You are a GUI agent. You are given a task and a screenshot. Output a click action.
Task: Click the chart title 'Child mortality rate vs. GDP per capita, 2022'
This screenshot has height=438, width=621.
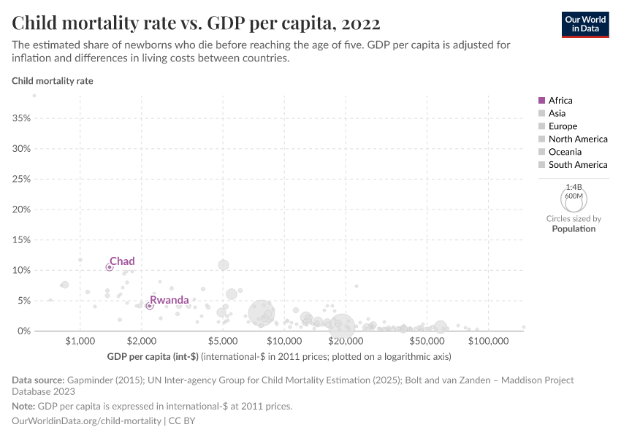[196, 23]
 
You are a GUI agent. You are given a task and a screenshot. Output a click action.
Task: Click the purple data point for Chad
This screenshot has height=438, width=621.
[110, 267]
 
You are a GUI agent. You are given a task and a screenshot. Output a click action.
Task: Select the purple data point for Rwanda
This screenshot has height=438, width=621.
[149, 306]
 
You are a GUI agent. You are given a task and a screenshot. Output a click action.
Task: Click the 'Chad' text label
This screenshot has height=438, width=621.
[122, 261]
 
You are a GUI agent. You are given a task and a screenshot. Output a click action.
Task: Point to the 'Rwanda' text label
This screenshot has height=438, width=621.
[169, 300]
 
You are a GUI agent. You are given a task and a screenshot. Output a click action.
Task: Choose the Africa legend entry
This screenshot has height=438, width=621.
[560, 101]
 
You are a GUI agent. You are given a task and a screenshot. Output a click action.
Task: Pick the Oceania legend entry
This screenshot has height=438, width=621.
[565, 152]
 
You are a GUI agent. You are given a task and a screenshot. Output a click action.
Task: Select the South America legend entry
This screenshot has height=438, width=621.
[577, 165]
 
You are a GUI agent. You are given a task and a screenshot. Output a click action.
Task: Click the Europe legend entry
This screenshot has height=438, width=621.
[563, 126]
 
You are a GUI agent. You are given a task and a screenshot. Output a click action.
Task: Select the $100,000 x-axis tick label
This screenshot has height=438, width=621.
[487, 341]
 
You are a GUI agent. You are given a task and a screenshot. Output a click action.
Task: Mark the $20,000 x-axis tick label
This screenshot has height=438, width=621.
[346, 341]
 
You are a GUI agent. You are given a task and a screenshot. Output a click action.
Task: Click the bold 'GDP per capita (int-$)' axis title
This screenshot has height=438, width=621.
[153, 357]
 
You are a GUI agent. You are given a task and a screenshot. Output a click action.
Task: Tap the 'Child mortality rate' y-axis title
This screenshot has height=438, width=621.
[53, 81]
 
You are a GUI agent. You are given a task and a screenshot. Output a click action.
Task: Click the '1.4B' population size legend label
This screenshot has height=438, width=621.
[574, 188]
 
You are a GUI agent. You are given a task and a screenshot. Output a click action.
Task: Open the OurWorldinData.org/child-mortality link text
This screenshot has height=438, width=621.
[87, 421]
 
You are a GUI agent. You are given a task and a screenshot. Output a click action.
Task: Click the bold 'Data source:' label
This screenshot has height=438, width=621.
[38, 380]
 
